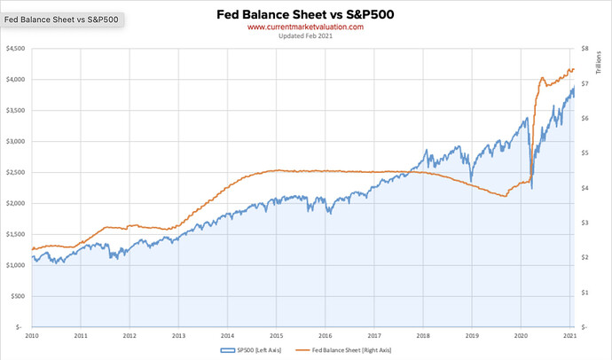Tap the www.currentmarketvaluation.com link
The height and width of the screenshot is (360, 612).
click(x=305, y=27)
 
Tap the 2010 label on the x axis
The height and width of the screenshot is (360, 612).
click(x=32, y=337)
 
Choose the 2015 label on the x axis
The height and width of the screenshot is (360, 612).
click(x=277, y=337)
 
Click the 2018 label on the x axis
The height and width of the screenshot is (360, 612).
click(x=423, y=337)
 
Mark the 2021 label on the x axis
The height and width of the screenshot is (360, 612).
click(x=570, y=337)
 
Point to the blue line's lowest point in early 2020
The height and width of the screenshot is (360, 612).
click(x=531, y=189)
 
